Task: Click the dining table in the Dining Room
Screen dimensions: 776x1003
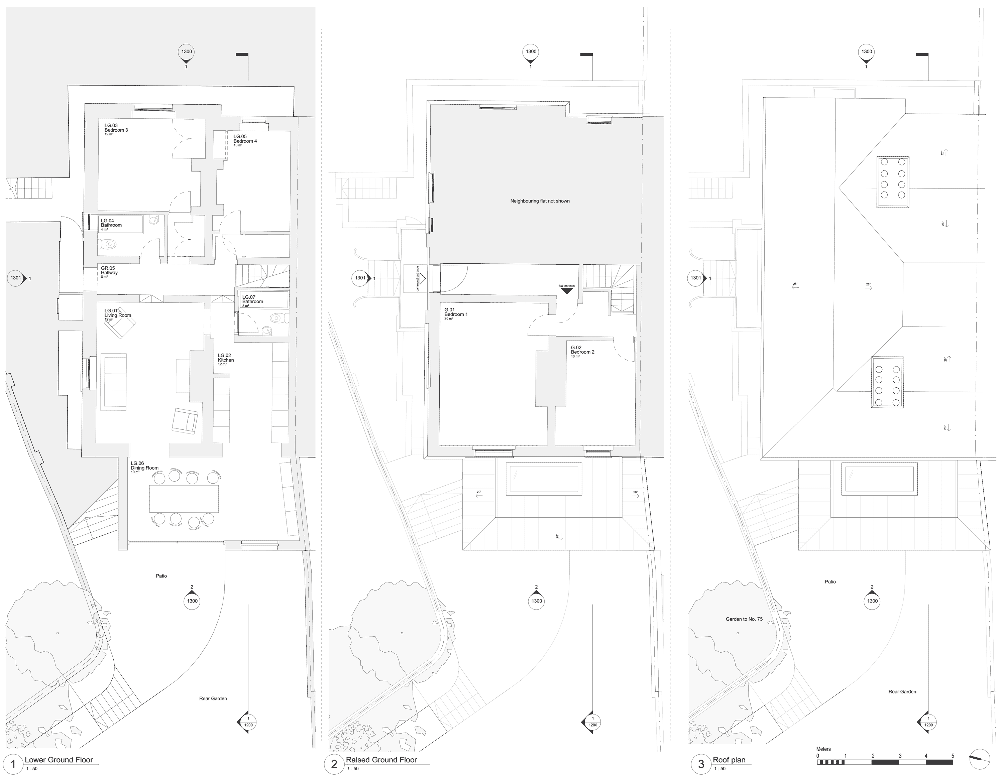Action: pos(184,499)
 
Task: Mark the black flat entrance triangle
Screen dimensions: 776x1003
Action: pos(567,291)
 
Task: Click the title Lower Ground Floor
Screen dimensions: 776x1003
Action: pos(59,760)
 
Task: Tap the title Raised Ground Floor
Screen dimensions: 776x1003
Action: pos(381,760)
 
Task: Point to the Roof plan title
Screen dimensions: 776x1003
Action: pos(729,760)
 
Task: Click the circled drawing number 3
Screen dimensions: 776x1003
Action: pos(701,765)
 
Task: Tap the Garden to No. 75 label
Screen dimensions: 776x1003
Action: pos(744,619)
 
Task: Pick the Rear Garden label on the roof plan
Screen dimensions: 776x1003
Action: pos(902,691)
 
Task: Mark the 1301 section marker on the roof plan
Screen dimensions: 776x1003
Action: pos(696,278)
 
